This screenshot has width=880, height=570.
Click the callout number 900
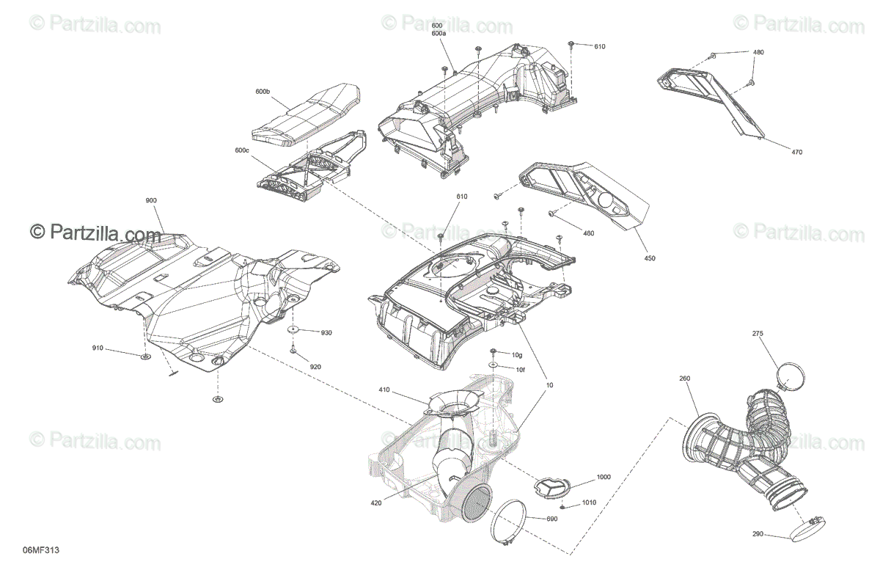[151, 200]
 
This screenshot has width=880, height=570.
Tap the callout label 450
[650, 257]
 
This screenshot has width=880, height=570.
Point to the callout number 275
[758, 334]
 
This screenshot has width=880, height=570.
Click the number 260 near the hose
[684, 379]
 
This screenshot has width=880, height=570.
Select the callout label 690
[552, 519]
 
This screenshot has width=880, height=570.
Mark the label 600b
[263, 91]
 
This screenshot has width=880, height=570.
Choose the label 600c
[242, 150]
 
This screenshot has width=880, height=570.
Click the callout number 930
[326, 332]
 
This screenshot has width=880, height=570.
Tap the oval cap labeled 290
[805, 529]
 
